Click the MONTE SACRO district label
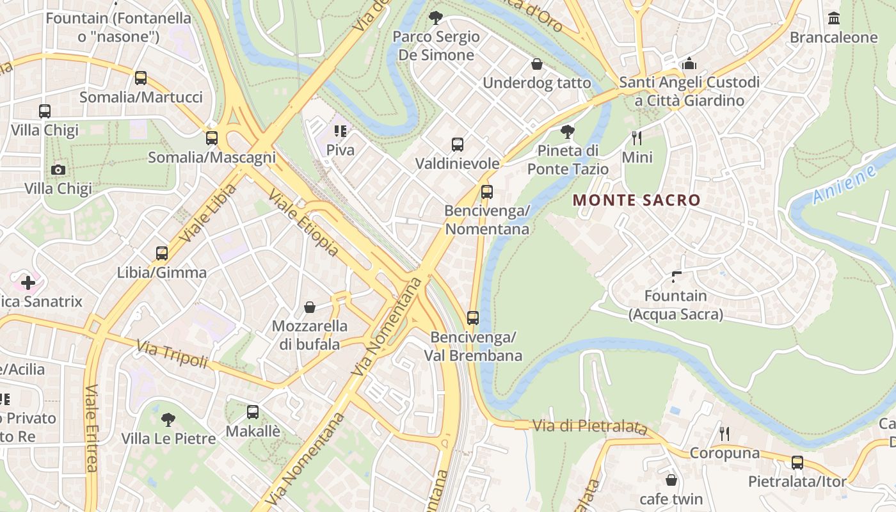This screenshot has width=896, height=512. [x=637, y=200]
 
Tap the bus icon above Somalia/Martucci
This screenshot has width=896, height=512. [x=141, y=78]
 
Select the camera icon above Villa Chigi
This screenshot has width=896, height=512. [x=58, y=170]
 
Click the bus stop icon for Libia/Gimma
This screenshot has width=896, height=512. [x=162, y=253]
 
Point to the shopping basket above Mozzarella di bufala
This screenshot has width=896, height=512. [x=310, y=307]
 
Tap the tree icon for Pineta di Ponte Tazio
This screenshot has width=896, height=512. [x=567, y=132]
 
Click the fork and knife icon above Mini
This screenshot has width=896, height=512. [x=637, y=138]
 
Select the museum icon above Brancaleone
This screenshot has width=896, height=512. [x=833, y=19]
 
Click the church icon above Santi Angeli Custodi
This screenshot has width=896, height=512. [x=689, y=63]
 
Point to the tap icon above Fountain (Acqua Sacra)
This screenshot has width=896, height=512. [x=676, y=276]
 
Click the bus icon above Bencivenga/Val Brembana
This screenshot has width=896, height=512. [x=473, y=317]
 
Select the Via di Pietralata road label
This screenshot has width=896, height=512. [x=590, y=426]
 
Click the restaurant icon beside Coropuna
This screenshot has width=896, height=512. [x=724, y=434]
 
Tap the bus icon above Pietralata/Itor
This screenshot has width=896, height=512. [x=797, y=462]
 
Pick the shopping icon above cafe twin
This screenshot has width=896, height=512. [x=671, y=479]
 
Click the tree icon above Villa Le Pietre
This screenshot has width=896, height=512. [x=168, y=420]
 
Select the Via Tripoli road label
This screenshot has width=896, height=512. [x=172, y=355]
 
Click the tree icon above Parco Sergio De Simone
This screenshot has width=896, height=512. [x=436, y=17]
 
